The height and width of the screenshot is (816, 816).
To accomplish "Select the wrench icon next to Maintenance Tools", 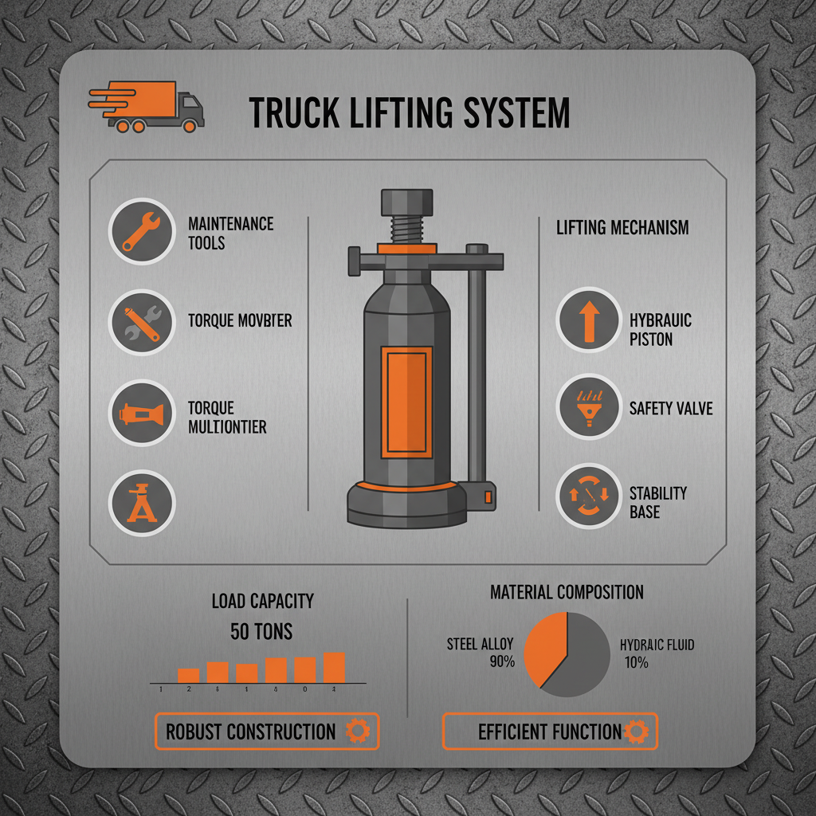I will pyautogui.click(x=141, y=231).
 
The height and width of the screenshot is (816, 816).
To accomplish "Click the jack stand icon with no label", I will pyautogui.click(x=141, y=502).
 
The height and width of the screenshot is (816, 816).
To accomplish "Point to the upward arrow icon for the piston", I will pyautogui.click(x=588, y=320).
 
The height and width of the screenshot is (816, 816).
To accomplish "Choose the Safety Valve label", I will pyautogui.click(x=671, y=409).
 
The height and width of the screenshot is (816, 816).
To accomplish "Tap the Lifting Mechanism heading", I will pyautogui.click(x=622, y=228).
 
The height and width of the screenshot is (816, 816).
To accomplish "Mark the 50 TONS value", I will pyautogui.click(x=261, y=632).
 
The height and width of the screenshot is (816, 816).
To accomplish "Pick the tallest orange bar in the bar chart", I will pyautogui.click(x=334, y=668).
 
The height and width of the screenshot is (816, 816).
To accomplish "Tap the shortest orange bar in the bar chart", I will pyautogui.click(x=188, y=676).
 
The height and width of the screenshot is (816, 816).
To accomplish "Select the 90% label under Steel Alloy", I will pyautogui.click(x=502, y=661).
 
